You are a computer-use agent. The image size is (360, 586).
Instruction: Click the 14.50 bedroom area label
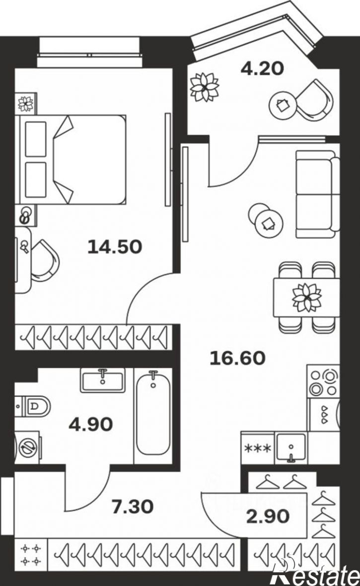pyautogui.click(x=115, y=247)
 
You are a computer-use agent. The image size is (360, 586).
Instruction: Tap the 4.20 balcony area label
pyautogui.click(x=262, y=69)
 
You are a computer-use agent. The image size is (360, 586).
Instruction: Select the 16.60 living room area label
pyautogui.click(x=237, y=358)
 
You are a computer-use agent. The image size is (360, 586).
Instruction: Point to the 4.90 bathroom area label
pyautogui.click(x=91, y=424)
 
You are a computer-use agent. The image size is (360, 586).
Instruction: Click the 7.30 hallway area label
pyautogui.click(x=133, y=507)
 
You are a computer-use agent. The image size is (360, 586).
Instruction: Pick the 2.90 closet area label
pyautogui.click(x=268, y=516)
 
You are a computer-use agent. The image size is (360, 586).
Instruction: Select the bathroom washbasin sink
pyautogui.click(x=103, y=380)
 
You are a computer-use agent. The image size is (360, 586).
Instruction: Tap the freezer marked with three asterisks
pyautogui.click(x=258, y=448)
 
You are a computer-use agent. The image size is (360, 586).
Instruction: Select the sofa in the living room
pyautogui.click(x=318, y=194)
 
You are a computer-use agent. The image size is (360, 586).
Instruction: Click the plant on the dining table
pyautogui.click(x=306, y=297)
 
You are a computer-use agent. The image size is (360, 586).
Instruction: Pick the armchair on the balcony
pyautogui.click(x=315, y=100)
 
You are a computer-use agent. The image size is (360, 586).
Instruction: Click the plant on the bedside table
pyautogui.click(x=26, y=103)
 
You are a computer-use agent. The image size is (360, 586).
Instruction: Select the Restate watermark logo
pyautogui.click(x=315, y=572)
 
